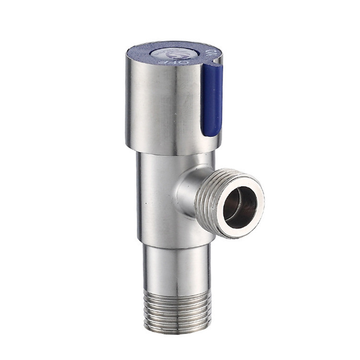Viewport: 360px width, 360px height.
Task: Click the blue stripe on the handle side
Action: pos(212,98)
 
